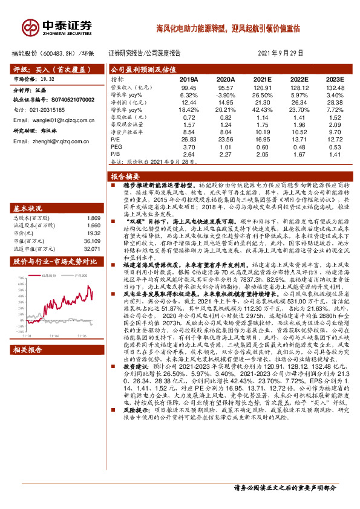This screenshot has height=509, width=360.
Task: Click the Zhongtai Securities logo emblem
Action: pyautogui.click(x=30, y=26)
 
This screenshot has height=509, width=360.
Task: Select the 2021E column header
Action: pyautogui.click(x=262, y=79)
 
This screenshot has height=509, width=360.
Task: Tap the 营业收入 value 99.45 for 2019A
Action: pyautogui.click(x=189, y=88)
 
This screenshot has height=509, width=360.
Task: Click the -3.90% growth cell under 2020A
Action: pyautogui.click(x=226, y=95)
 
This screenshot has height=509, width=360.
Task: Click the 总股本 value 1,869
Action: pyautogui.click(x=93, y=217)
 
